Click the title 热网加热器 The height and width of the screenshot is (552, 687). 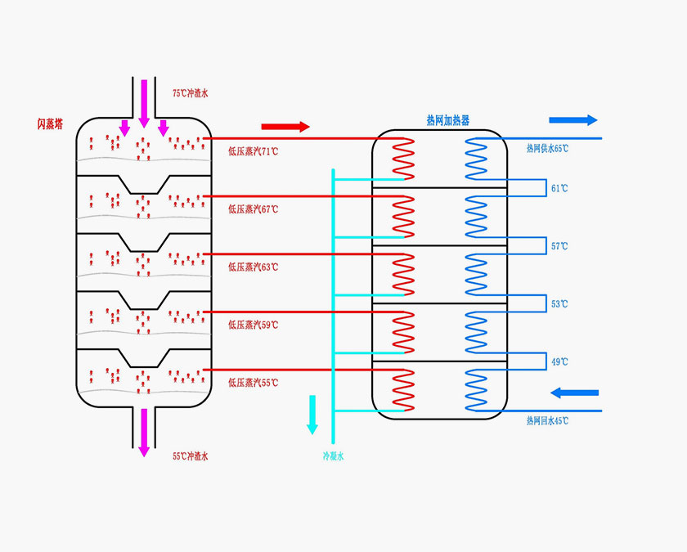click(x=448, y=120)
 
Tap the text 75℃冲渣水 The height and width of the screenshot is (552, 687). click(x=191, y=94)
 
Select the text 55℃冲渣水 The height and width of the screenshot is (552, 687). click(x=191, y=456)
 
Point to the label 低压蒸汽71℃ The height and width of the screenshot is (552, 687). click(x=253, y=151)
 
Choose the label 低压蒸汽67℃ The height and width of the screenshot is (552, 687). click(x=253, y=209)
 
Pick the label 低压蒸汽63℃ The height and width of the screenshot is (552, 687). click(x=253, y=267)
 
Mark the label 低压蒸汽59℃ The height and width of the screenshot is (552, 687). click(x=253, y=325)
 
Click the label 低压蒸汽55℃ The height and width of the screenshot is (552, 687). click(x=253, y=382)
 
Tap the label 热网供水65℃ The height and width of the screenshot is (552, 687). click(x=547, y=149)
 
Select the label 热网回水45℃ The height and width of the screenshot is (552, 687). click(x=547, y=420)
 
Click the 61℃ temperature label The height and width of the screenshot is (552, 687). click(x=559, y=189)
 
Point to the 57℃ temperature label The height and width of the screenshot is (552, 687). click(x=559, y=246)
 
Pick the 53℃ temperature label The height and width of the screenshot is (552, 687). click(x=559, y=304)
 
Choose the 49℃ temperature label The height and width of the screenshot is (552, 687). click(x=559, y=361)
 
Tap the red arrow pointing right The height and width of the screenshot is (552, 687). click(x=285, y=127)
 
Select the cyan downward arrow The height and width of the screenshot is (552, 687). click(x=312, y=415)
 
